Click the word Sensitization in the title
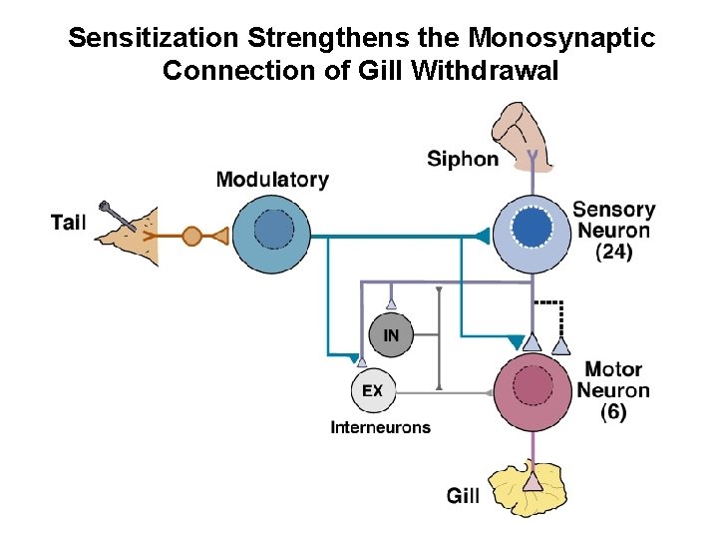click(x=154, y=39)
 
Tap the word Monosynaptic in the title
click(x=562, y=39)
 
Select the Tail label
click(x=69, y=222)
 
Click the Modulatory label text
click(x=272, y=180)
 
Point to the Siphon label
click(x=463, y=159)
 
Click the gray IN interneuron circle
click(x=390, y=335)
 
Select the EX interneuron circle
click(x=372, y=390)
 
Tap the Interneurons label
click(x=380, y=427)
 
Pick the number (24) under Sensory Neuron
click(x=613, y=253)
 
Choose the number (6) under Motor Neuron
click(x=614, y=411)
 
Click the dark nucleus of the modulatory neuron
click(x=273, y=232)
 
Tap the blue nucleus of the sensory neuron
click(x=535, y=231)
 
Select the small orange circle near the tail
click(x=192, y=237)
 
